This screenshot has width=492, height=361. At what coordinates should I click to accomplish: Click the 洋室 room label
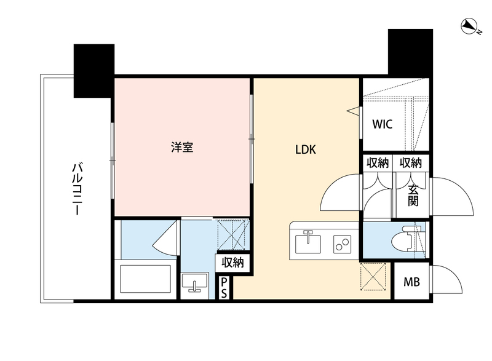pos(183,148)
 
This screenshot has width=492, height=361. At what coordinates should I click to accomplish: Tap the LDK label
pos(306,149)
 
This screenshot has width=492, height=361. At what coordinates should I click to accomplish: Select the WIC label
pos(382,123)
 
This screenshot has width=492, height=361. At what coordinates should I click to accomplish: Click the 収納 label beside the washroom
pos(232,263)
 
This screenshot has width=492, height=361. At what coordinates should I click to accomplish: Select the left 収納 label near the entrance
pos(377,163)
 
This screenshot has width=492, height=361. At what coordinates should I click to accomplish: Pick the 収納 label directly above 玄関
pos(411,163)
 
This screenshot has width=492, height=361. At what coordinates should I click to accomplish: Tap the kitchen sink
pos(307,242)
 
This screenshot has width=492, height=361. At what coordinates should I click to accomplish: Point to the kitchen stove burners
pos(341,244)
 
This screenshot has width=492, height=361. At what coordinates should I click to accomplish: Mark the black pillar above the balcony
pos(94,70)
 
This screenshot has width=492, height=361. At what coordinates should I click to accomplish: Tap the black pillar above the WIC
pos(408,52)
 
